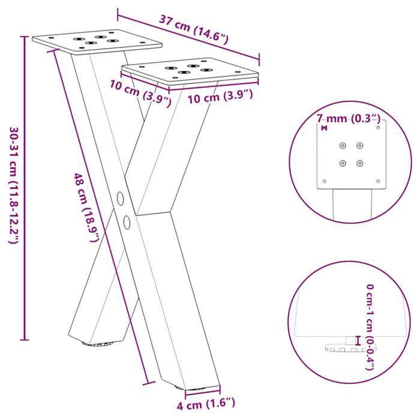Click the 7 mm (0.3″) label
(x=348, y=118)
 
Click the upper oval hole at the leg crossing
(x=119, y=197)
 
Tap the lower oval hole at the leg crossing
(x=127, y=222)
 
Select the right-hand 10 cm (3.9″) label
(x=220, y=97)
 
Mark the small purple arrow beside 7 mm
(x=324, y=128)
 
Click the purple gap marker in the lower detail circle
(x=358, y=340)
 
